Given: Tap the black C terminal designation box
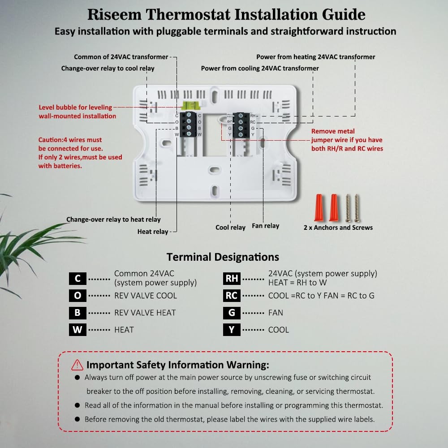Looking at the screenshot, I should click(78, 279).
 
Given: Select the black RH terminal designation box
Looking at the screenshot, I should click(232, 279).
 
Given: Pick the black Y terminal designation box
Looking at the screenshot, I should click(232, 330).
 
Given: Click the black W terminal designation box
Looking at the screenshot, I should click(78, 330).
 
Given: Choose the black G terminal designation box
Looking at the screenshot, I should click(232, 313).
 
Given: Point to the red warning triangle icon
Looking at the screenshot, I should click(77, 365).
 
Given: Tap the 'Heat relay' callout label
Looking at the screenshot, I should click(153, 232).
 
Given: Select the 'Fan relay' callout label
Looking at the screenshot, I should click(265, 226).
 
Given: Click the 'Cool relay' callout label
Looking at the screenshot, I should click(230, 228).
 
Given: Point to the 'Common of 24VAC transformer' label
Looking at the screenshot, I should click(121, 57).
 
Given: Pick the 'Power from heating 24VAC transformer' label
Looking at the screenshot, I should click(315, 57).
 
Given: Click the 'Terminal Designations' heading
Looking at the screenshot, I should click(223, 257).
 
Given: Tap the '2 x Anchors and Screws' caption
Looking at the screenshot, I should click(338, 228).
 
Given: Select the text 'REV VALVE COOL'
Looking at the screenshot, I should click(145, 296).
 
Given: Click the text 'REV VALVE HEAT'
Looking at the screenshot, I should click(145, 313).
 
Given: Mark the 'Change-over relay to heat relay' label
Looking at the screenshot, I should click(113, 220).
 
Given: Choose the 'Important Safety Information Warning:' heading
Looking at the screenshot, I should click(178, 365).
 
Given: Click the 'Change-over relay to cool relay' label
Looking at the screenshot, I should click(108, 69).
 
